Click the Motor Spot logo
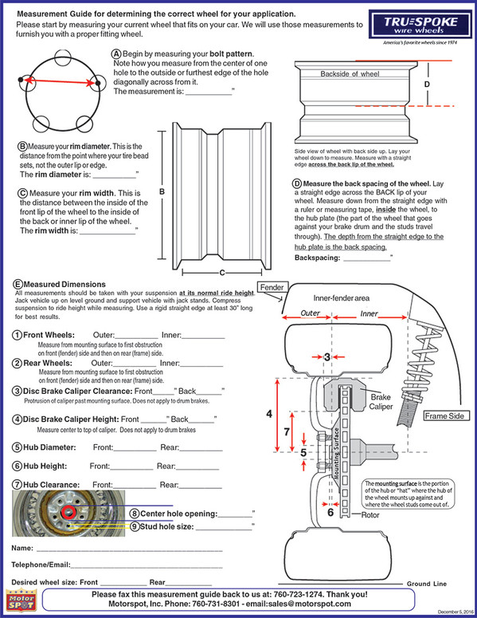(x=20, y=601)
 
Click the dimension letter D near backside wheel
(x=427, y=83)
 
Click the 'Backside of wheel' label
(x=350, y=73)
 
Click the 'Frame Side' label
(x=444, y=415)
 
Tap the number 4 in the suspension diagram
(x=269, y=414)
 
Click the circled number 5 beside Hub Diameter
(x=17, y=447)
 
